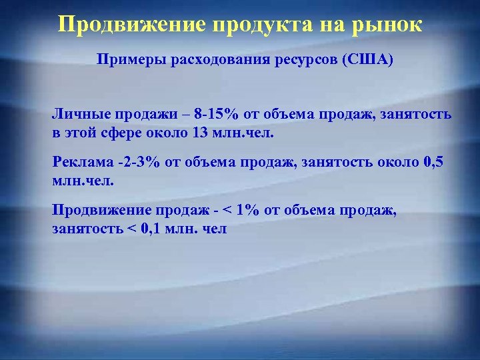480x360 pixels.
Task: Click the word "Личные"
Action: [x=79, y=115]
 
